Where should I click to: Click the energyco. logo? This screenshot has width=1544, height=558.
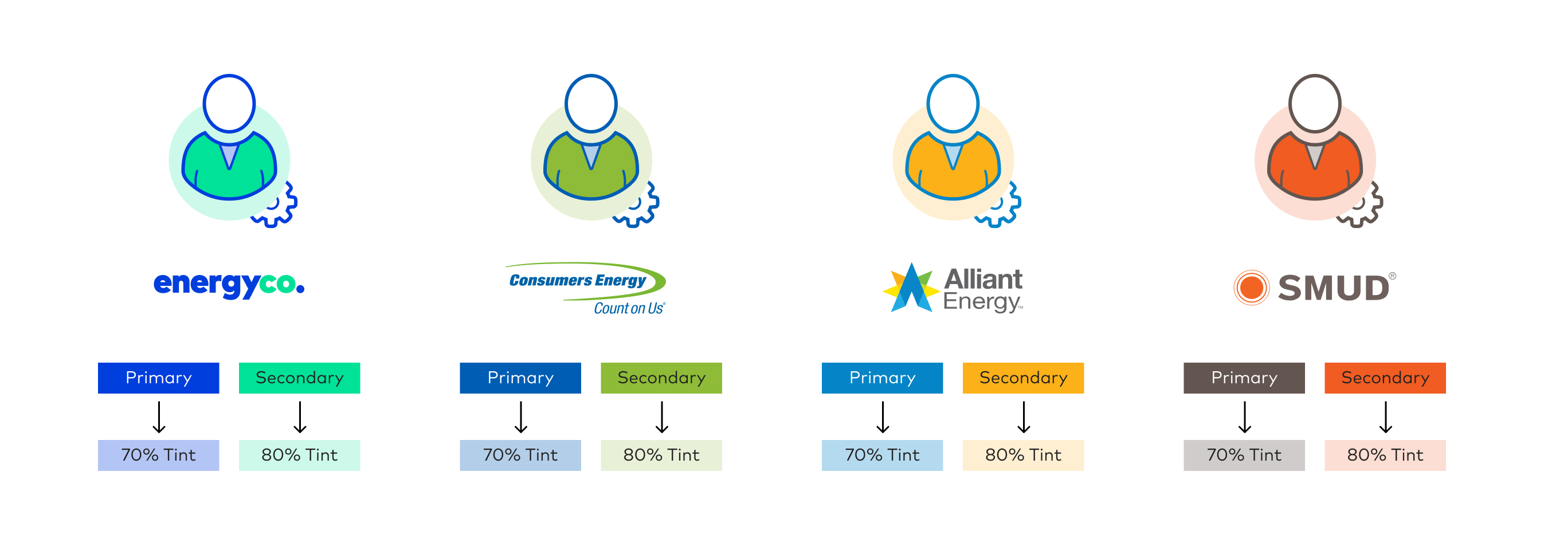229,285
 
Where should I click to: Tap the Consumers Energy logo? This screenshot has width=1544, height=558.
586,288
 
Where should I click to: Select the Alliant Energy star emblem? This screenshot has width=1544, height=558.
911,288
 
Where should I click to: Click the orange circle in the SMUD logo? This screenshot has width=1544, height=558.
1252,288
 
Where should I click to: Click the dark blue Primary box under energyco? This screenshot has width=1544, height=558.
158,378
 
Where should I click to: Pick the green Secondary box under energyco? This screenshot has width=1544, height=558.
300,378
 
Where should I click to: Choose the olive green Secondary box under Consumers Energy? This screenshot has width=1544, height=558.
661,378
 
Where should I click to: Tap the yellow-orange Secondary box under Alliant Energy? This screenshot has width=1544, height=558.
1023,378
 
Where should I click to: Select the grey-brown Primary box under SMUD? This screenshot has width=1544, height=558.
1244,378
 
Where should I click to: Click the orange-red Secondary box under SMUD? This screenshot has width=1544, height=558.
1385,378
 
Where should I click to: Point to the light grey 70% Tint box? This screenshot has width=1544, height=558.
1244,455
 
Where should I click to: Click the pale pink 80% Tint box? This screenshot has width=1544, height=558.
1385,455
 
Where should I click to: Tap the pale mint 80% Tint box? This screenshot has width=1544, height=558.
300,455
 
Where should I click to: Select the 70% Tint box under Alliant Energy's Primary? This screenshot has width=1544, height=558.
882,455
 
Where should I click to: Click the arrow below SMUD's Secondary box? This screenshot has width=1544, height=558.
1386,417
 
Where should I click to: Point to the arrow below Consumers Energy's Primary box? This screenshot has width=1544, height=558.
521,417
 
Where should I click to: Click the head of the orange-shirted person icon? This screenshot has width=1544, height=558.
1315,104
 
